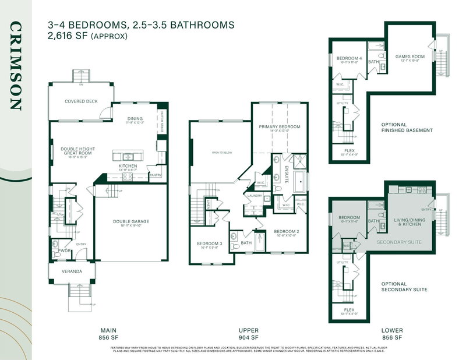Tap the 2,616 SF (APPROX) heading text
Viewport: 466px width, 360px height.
coord(87,36)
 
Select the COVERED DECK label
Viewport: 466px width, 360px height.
coord(81,101)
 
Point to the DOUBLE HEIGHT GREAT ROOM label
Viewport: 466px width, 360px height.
coord(73,151)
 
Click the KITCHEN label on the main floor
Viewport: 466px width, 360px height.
coord(128,166)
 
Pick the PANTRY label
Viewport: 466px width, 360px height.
coord(156,175)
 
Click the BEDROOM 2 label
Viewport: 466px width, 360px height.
coord(286,231)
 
